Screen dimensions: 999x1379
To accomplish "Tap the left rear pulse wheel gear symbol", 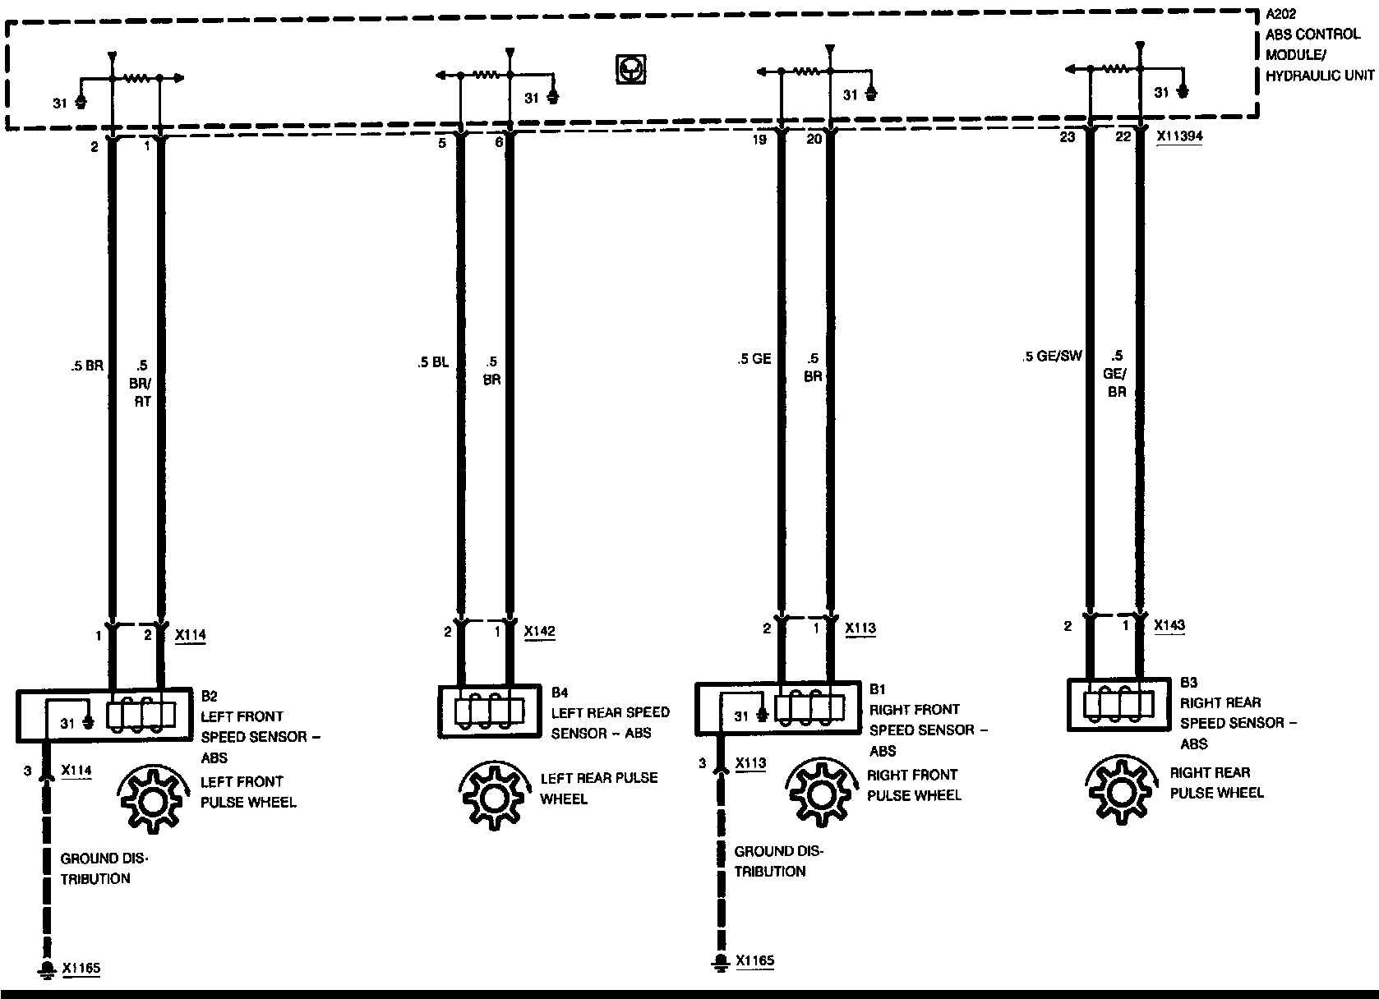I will pyautogui.click(x=491, y=796).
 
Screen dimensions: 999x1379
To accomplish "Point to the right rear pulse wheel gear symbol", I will pyautogui.click(x=1120, y=790).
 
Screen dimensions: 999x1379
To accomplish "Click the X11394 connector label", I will pyautogui.click(x=1179, y=137).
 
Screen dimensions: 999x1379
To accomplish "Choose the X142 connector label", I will pyautogui.click(x=539, y=632).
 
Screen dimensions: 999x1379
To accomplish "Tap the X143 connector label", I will pyautogui.click(x=1169, y=625).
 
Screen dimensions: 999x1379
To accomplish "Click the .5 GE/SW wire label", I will pyautogui.click(x=1053, y=357).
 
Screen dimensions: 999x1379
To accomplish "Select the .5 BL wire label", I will pyautogui.click(x=432, y=362).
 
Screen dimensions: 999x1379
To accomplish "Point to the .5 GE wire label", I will pyautogui.click(x=754, y=359).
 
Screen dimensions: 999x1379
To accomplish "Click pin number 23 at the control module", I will pyautogui.click(x=1067, y=137).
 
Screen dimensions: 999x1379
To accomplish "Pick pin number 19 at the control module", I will pyautogui.click(x=759, y=140).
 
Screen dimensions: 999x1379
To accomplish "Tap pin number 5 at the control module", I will pyautogui.click(x=442, y=142).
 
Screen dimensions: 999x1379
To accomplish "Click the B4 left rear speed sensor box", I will pyautogui.click(x=490, y=711).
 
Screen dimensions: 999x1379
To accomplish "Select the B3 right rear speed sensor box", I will pyautogui.click(x=1118, y=704).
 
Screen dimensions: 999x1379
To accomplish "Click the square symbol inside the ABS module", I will pyautogui.click(x=630, y=69).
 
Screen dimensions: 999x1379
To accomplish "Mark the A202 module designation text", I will pyautogui.click(x=1280, y=15).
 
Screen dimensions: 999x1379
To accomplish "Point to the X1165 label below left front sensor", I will pyautogui.click(x=81, y=968).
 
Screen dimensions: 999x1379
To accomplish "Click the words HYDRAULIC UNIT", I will pyautogui.click(x=1319, y=76).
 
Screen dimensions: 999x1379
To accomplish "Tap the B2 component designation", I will pyautogui.click(x=209, y=696).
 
